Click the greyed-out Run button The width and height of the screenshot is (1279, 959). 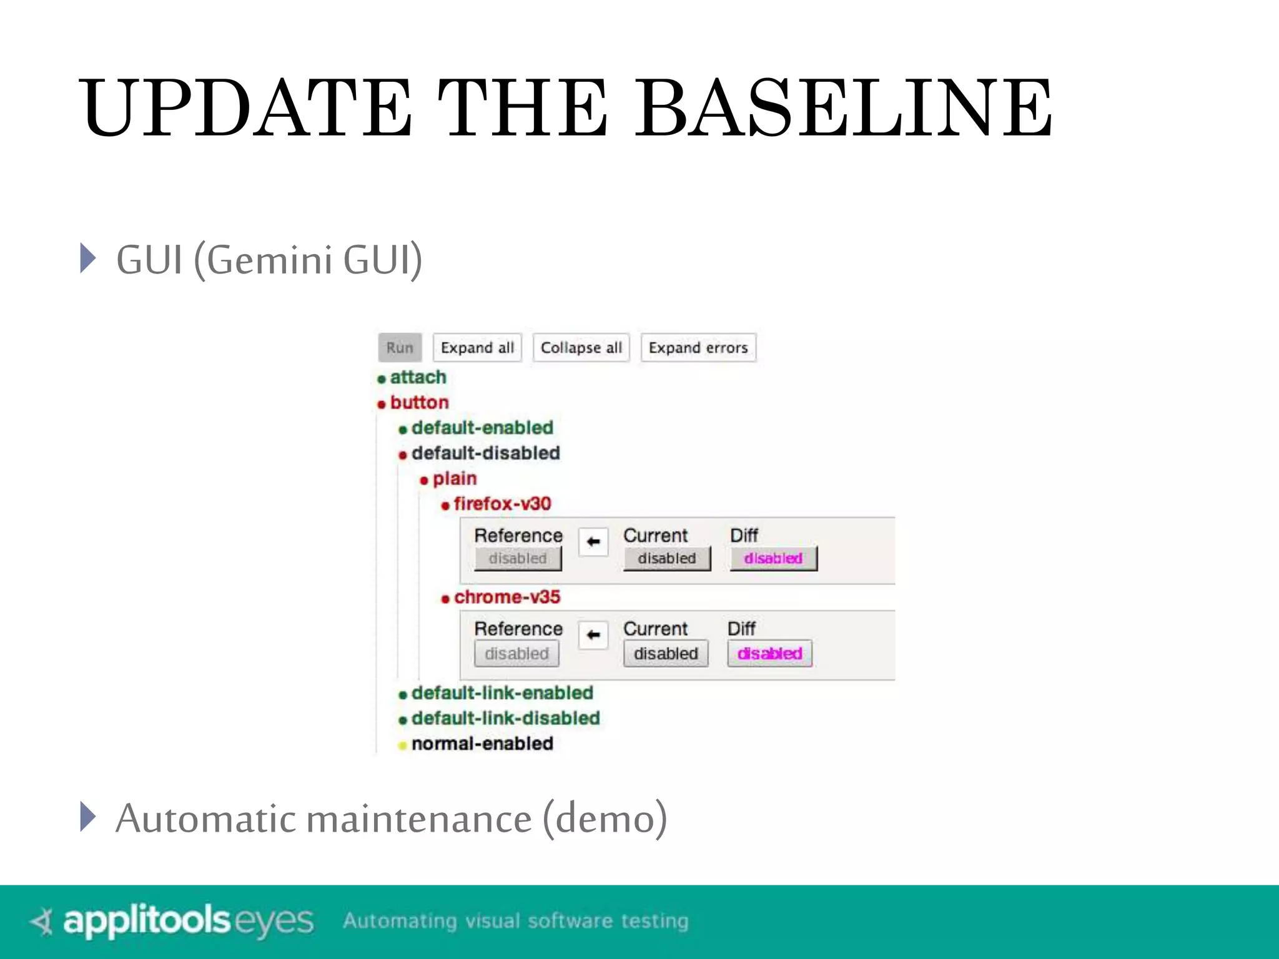[x=400, y=348]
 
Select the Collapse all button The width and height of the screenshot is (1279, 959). [x=581, y=348]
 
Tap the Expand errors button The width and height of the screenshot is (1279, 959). [x=698, y=348]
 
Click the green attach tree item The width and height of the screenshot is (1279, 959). [x=418, y=378]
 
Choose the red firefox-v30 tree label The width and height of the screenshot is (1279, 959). [x=502, y=504]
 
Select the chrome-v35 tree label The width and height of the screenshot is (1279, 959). [x=506, y=598]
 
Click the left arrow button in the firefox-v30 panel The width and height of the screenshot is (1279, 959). [x=593, y=541]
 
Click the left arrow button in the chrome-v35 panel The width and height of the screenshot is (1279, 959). [x=593, y=635]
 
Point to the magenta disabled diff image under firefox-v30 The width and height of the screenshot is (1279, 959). [x=773, y=558]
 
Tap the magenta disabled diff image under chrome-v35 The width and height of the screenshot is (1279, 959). [x=769, y=654]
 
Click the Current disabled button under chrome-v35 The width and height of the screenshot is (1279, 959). [x=666, y=654]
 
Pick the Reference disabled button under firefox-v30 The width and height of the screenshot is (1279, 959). [x=517, y=558]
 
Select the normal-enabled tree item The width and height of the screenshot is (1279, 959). [x=482, y=744]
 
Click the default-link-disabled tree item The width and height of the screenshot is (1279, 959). [x=505, y=719]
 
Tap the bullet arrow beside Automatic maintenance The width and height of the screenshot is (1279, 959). [x=88, y=817]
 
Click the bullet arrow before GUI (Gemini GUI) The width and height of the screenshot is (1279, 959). [x=88, y=258]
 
